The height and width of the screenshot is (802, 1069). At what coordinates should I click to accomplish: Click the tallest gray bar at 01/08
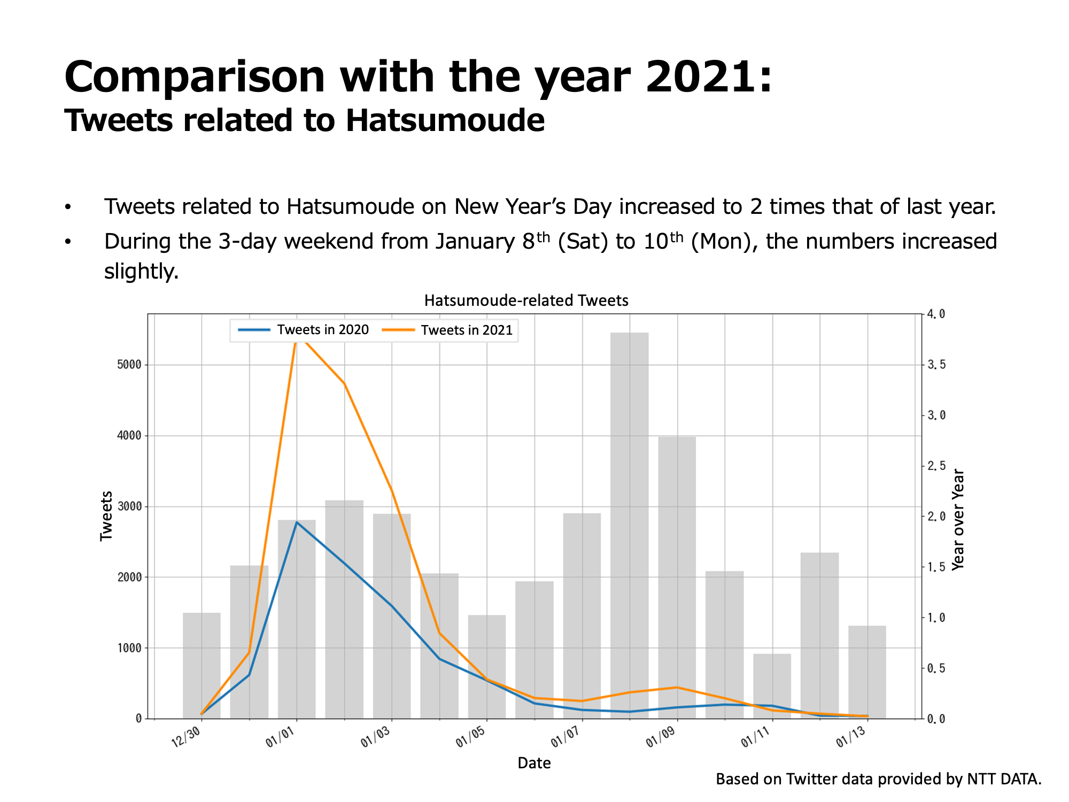[x=629, y=524]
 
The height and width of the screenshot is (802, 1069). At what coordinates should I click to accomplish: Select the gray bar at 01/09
[x=677, y=577]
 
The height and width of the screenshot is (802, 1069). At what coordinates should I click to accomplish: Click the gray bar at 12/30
[x=202, y=665]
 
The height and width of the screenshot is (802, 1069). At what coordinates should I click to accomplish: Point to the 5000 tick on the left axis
[x=129, y=365]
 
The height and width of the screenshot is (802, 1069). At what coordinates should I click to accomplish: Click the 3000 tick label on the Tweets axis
[x=129, y=506]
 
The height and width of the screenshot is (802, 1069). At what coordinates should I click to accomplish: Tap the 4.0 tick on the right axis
[x=936, y=314]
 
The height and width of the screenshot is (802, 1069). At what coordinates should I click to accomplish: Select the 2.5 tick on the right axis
[x=936, y=466]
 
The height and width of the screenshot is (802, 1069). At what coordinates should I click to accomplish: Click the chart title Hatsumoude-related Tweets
[x=526, y=300]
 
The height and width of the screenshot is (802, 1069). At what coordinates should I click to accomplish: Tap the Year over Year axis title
[x=958, y=520]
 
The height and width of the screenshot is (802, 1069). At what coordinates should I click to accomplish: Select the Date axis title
[x=534, y=763]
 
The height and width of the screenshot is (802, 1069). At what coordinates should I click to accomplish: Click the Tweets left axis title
[x=106, y=516]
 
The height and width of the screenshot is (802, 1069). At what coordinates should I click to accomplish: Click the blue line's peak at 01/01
[x=297, y=522]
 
